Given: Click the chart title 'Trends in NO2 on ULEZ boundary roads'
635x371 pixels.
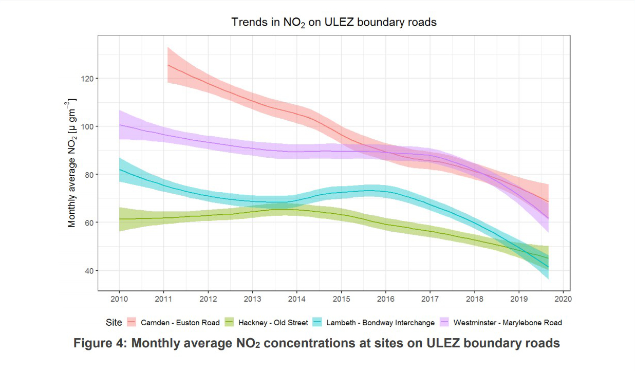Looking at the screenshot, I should tap(333, 22).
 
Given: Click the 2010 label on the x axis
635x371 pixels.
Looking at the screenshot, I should tap(119, 299).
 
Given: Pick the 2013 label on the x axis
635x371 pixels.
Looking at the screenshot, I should tap(252, 299).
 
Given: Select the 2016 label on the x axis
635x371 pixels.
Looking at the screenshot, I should tap(385, 299).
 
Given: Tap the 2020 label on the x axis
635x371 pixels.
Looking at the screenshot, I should tap(563, 299).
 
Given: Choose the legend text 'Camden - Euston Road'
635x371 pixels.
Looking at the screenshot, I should tap(180, 323).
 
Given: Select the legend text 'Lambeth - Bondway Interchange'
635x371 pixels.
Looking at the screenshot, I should tap(381, 323).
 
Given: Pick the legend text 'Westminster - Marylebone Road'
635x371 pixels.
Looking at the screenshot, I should tap(508, 323).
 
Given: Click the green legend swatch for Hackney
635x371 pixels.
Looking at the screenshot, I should tap(229, 323).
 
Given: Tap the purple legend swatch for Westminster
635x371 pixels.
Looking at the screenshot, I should tap(444, 323).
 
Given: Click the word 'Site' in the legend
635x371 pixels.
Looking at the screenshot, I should tap(114, 323).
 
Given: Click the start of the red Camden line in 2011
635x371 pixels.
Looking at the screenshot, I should tap(168, 65).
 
